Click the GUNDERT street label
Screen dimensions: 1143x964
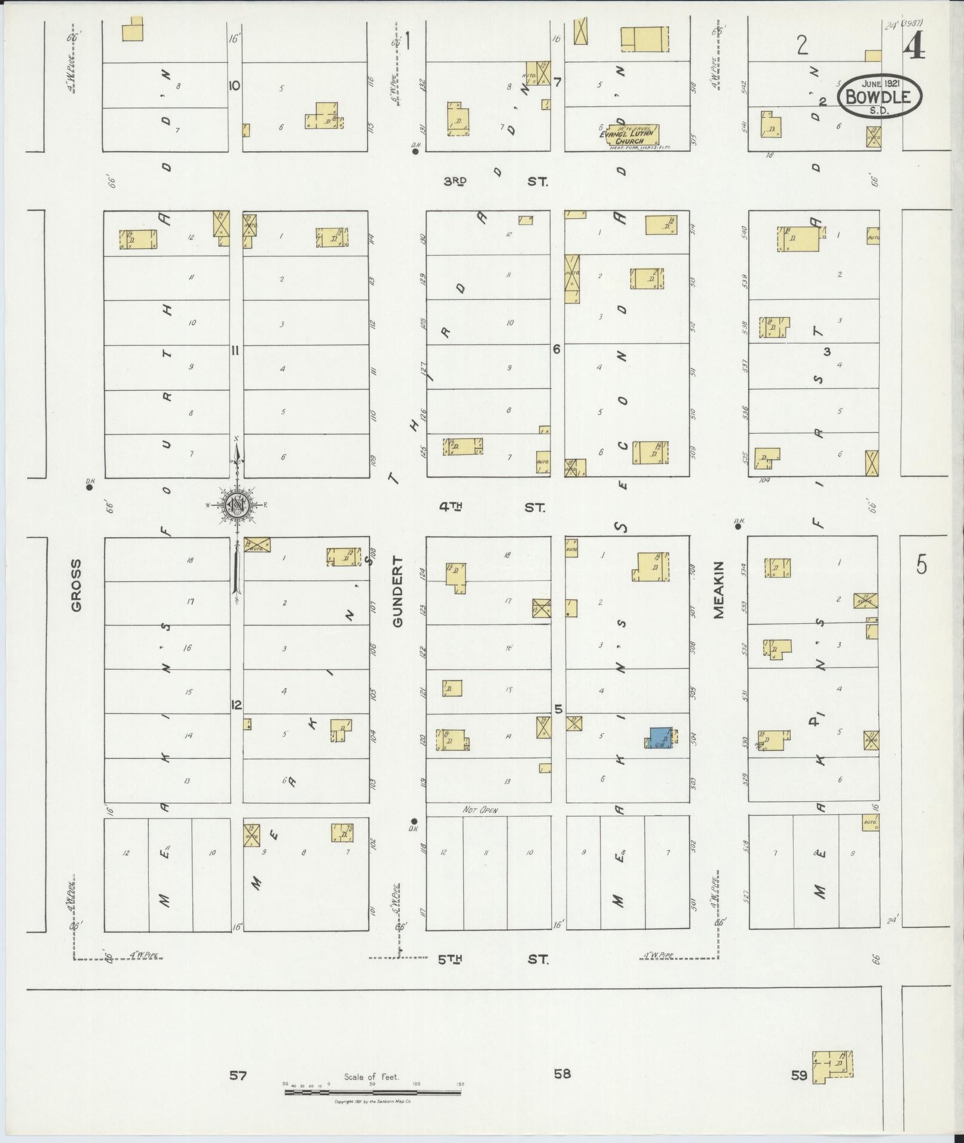pyautogui.click(x=398, y=592)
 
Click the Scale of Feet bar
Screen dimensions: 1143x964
pyautogui.click(x=373, y=1092)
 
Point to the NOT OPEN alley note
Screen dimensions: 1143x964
pyautogui.click(x=481, y=810)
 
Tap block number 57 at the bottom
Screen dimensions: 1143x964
pyautogui.click(x=238, y=1075)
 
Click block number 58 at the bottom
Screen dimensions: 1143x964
pyautogui.click(x=562, y=1074)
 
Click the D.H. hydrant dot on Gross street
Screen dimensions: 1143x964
pyautogui.click(x=89, y=487)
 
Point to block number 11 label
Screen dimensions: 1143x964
pyautogui.click(x=235, y=351)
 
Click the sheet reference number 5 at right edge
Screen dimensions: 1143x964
pyautogui.click(x=922, y=565)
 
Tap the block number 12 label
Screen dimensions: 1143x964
pyautogui.click(x=236, y=705)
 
